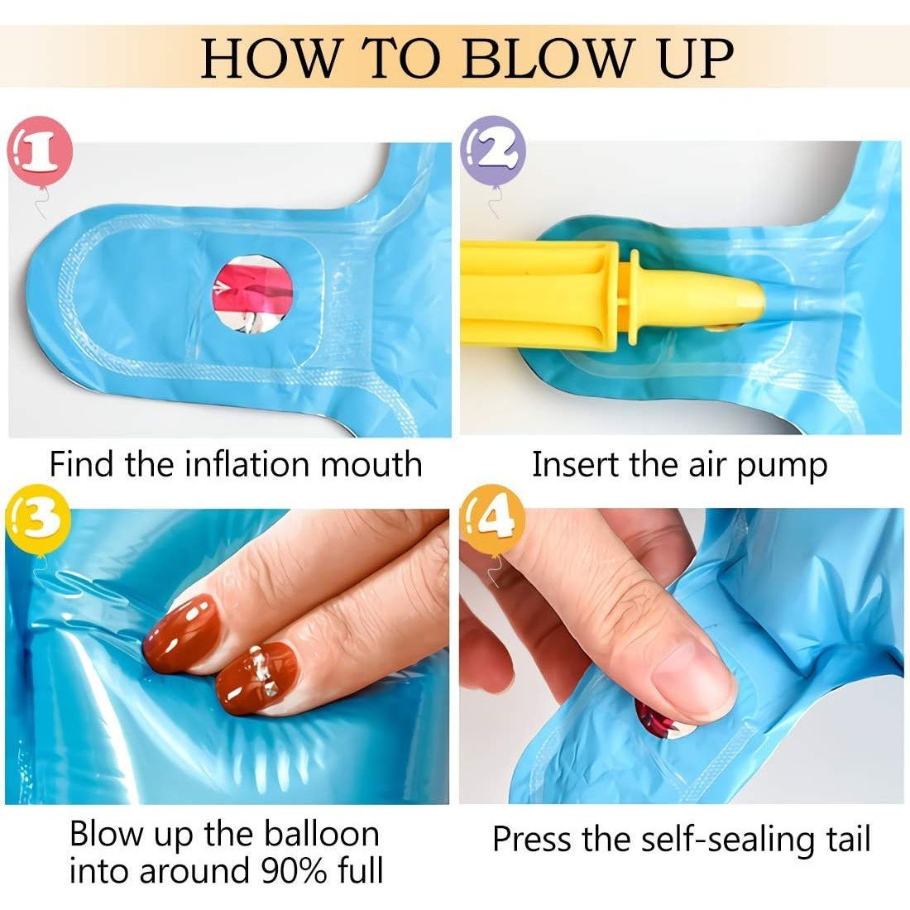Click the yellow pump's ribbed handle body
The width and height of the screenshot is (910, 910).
(x=538, y=295)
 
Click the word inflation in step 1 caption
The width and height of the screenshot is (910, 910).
(x=247, y=464)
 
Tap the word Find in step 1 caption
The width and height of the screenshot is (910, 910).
(x=83, y=464)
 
